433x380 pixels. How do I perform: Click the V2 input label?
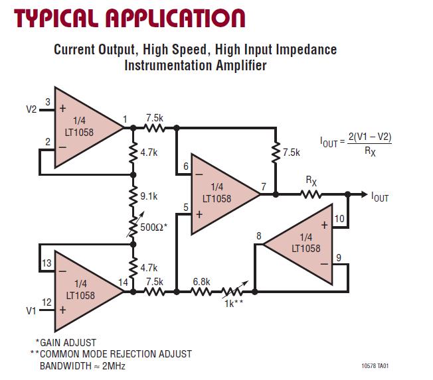click(31, 110)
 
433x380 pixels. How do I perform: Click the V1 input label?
click(30, 309)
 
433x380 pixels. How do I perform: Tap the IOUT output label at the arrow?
click(380, 197)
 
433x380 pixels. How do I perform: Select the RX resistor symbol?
click(311, 194)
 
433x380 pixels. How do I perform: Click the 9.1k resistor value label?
click(149, 196)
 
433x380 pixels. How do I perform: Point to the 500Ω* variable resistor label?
click(153, 227)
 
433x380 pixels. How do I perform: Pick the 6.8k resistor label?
click(202, 281)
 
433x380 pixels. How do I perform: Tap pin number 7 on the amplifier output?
click(264, 187)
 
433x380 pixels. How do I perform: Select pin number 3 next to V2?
click(48, 101)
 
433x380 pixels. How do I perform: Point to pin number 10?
click(339, 218)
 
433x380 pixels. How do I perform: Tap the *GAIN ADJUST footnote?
click(65, 342)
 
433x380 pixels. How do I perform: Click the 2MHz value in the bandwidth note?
click(113, 366)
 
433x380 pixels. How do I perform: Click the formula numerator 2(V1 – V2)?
click(366, 139)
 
